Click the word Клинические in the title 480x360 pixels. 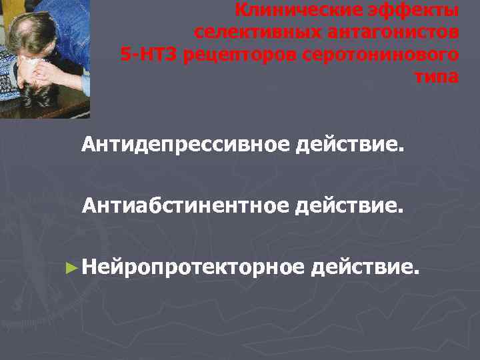(x=291, y=11)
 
